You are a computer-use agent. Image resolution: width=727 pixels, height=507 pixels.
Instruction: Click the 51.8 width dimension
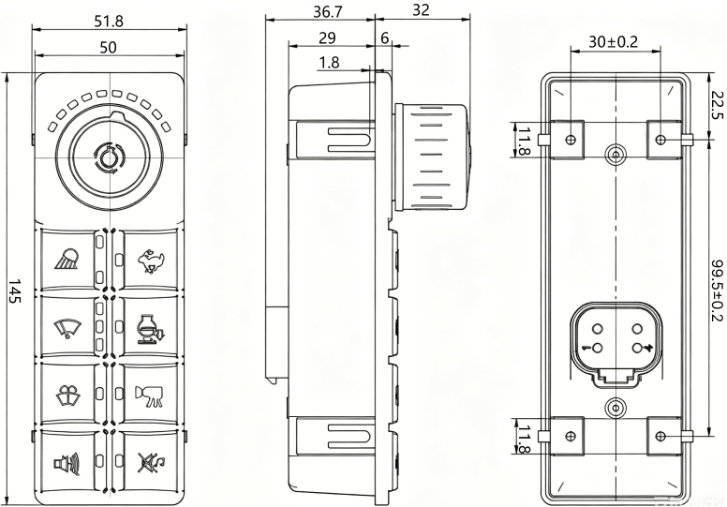tap(109, 22)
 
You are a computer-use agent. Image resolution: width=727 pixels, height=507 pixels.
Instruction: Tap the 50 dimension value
tap(109, 47)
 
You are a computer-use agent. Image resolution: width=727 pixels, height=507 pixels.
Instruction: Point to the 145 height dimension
tap(15, 291)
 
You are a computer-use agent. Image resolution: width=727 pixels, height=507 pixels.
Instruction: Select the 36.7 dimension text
tap(327, 11)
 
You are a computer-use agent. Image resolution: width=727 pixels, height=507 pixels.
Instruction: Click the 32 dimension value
tap(421, 10)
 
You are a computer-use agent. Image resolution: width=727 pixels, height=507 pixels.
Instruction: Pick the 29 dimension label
tap(327, 37)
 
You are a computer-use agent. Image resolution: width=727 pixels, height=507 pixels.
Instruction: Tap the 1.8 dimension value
tap(329, 62)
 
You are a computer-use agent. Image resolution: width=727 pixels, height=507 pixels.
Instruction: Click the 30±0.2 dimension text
tap(614, 42)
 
